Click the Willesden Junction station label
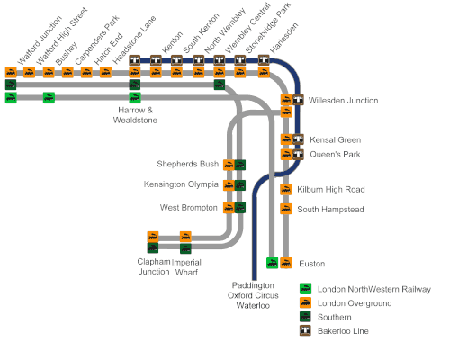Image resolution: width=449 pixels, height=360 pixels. click(x=343, y=101)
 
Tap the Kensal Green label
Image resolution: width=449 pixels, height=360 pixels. click(x=335, y=139)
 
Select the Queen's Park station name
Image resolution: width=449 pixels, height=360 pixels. click(x=335, y=155)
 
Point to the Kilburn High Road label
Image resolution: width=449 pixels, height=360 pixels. click(x=331, y=190)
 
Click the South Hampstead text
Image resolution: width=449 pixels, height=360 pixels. click(x=330, y=210)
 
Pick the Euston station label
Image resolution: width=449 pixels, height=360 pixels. click(x=312, y=264)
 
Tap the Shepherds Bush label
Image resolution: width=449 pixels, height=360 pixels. click(x=188, y=164)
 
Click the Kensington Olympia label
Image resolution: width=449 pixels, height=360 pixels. click(x=181, y=184)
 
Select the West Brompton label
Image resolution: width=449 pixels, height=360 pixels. click(x=188, y=208)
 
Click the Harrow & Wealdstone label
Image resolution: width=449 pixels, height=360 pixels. click(x=135, y=115)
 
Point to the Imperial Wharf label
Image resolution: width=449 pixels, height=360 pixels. click(x=186, y=267)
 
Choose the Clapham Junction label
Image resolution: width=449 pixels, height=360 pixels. click(x=154, y=266)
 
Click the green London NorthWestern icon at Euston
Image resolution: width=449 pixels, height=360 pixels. click(x=273, y=263)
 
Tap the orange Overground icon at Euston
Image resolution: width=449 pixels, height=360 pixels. click(x=286, y=263)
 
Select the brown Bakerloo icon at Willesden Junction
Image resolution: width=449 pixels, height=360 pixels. click(x=298, y=100)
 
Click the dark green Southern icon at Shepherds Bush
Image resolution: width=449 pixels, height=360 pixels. click(x=240, y=165)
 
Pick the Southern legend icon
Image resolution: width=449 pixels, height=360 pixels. click(x=305, y=317)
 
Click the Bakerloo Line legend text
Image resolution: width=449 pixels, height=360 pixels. click(x=343, y=331)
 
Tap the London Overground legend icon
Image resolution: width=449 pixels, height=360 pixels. click(x=305, y=302)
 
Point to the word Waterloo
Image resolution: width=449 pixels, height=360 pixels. click(x=253, y=306)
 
